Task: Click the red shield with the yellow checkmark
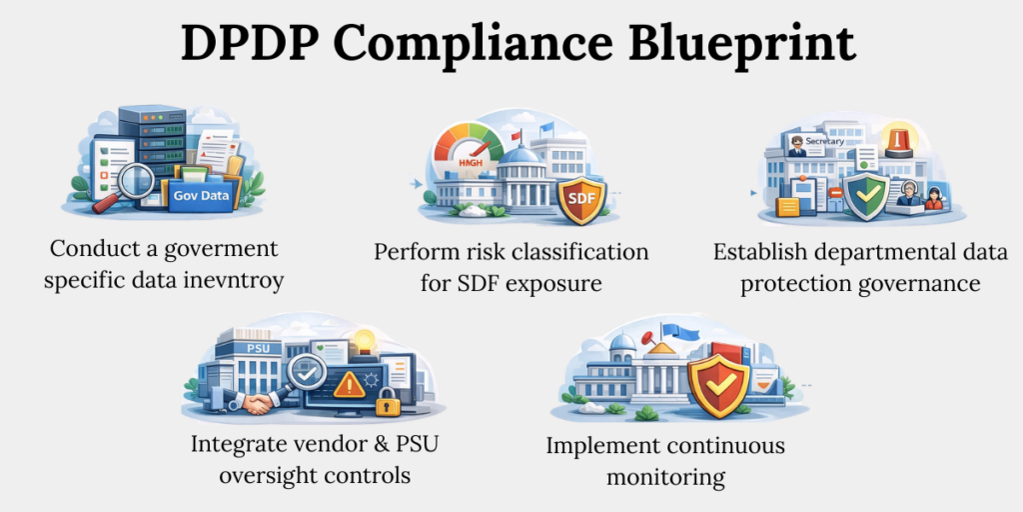click(710, 384)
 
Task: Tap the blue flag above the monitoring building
click(683, 330)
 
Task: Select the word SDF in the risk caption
click(477, 283)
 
